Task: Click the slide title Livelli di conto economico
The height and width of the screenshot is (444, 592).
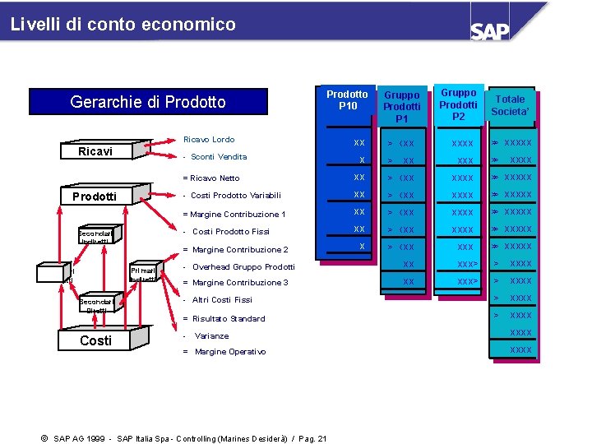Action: click(x=123, y=25)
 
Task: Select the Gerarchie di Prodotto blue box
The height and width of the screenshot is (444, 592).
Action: click(x=148, y=102)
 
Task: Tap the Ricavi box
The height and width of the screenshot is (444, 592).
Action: click(x=95, y=151)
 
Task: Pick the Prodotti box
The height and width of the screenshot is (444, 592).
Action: click(x=95, y=197)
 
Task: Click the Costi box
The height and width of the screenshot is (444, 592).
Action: click(x=95, y=340)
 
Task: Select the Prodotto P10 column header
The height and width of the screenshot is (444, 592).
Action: click(x=348, y=100)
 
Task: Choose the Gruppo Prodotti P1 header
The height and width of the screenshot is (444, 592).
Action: click(x=402, y=107)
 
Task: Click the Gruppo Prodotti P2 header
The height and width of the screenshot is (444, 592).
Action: click(x=458, y=104)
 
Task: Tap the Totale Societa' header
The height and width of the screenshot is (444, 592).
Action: click(x=508, y=105)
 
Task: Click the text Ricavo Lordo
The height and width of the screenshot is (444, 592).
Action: click(x=209, y=140)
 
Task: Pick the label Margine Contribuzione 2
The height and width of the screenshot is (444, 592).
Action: click(x=237, y=249)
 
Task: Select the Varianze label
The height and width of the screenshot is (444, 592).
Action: click(x=211, y=335)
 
